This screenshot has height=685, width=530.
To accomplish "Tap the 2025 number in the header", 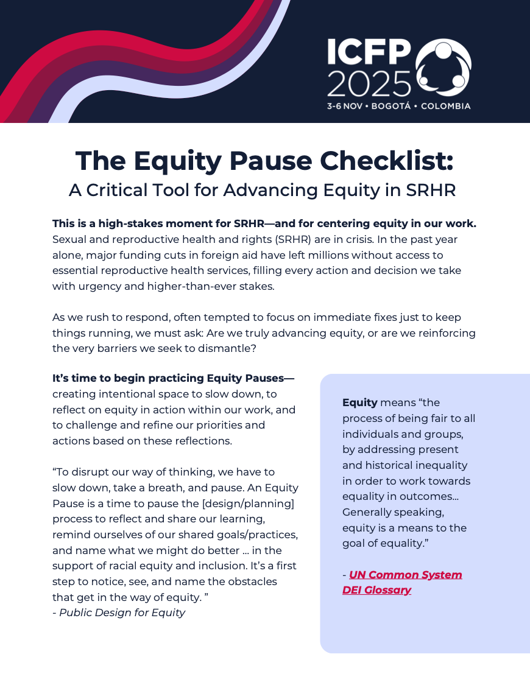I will pos(369,83).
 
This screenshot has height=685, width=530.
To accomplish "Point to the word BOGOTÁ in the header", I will pos(390,106).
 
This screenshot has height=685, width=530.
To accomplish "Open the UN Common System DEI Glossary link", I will pos(402,582).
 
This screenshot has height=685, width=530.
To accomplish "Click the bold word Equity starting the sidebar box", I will pos(359,402).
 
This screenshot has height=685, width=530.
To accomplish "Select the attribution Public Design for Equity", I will pos(122,613).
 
